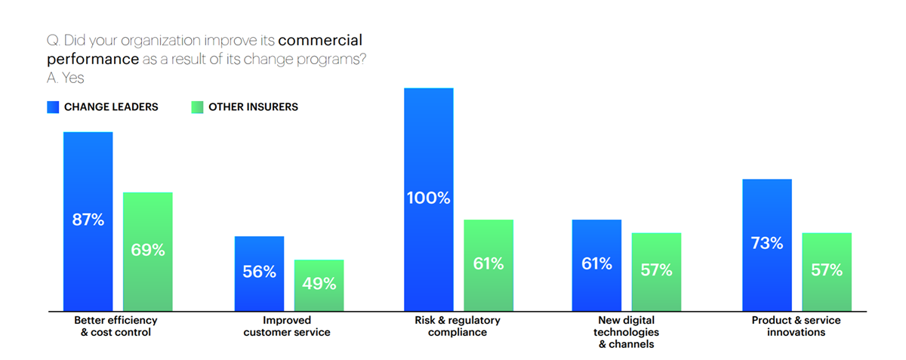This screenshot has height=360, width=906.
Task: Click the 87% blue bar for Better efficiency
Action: tap(88, 221)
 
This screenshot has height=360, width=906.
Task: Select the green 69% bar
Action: tap(148, 251)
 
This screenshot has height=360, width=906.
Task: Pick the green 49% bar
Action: tap(319, 285)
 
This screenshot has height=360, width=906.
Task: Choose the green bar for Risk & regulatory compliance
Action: tap(488, 265)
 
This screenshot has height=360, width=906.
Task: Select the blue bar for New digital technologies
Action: tap(596, 265)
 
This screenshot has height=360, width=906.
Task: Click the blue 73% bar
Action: tap(767, 245)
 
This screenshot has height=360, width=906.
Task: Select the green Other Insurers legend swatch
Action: tap(196, 107)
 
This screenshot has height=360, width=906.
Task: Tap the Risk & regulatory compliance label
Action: tap(458, 326)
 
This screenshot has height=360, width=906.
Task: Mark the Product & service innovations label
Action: tap(796, 326)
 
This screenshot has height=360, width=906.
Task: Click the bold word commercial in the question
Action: tap(320, 41)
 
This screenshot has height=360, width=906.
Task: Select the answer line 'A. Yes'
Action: tap(65, 78)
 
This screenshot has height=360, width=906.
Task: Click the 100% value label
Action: tap(428, 198)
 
